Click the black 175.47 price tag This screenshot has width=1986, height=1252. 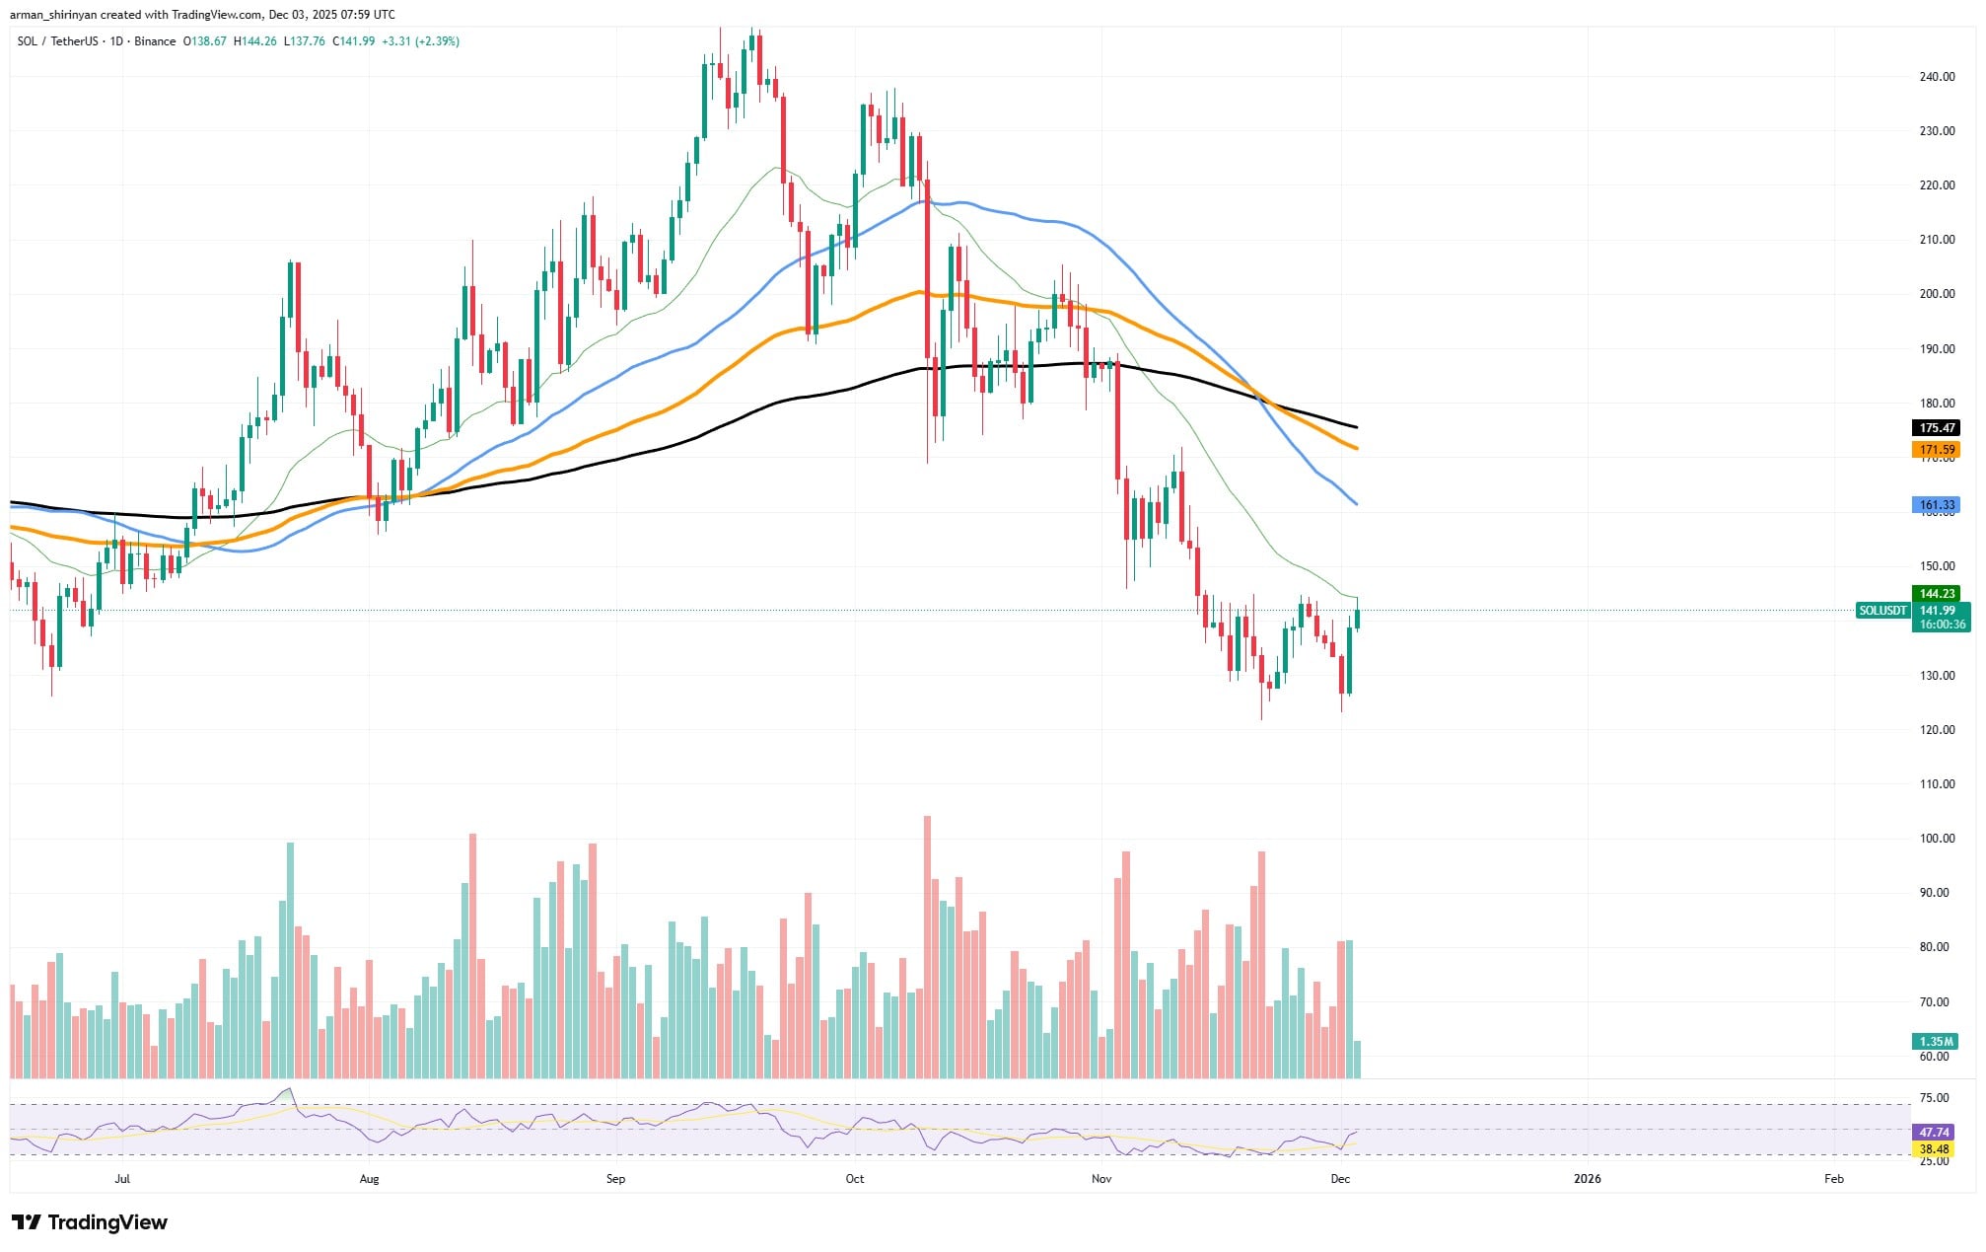(x=1937, y=428)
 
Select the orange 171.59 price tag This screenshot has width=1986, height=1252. (x=1937, y=450)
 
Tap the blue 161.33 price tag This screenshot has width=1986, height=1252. (x=1937, y=505)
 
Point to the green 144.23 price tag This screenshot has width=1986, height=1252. (x=1937, y=594)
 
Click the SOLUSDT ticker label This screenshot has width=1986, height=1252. (x=1881, y=611)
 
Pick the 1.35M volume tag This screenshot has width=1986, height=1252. (x=1937, y=1042)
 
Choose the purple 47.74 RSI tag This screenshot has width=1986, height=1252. (x=1935, y=1133)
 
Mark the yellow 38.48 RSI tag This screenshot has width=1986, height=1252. (x=1935, y=1149)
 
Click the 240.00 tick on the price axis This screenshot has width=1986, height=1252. (x=1937, y=77)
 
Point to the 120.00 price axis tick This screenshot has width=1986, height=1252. (x=1937, y=730)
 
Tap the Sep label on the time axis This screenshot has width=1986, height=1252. (x=615, y=1179)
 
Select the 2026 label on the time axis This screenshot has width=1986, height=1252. (x=1587, y=1179)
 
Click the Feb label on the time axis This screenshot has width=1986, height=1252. (x=1833, y=1179)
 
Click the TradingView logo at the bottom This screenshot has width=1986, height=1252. (x=90, y=1222)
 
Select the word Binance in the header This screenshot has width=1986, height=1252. (x=155, y=41)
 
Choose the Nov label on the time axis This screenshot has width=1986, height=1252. (x=1101, y=1179)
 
